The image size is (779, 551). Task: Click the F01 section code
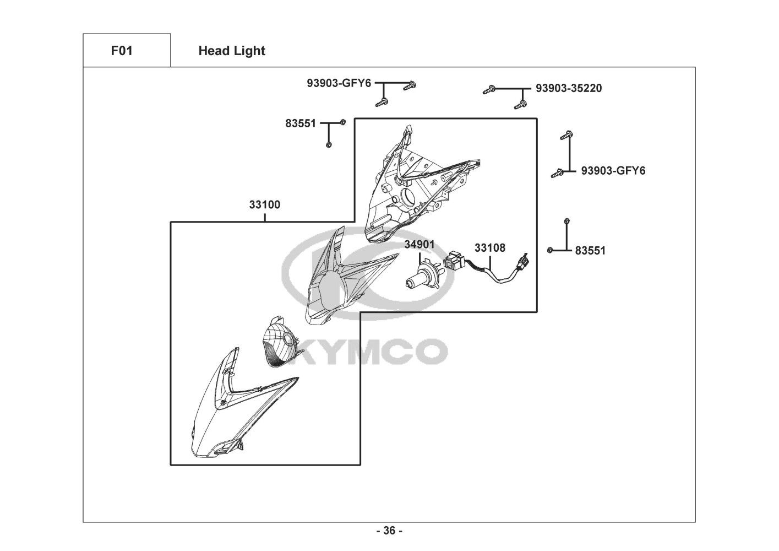[x=122, y=51]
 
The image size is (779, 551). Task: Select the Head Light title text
[x=232, y=51]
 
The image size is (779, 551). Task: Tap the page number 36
[x=389, y=531]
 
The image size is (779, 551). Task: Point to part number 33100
[x=265, y=205]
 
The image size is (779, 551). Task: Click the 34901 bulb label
[x=420, y=244]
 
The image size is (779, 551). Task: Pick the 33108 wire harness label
[x=490, y=248]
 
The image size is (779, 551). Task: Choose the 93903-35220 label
[x=569, y=88]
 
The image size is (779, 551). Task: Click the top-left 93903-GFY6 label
[x=339, y=84]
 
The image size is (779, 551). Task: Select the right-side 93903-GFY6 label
[x=613, y=171]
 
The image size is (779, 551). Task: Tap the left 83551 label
[x=301, y=123]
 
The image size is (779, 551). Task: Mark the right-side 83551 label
[x=590, y=251]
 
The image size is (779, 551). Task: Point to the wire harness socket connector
[x=455, y=261]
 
